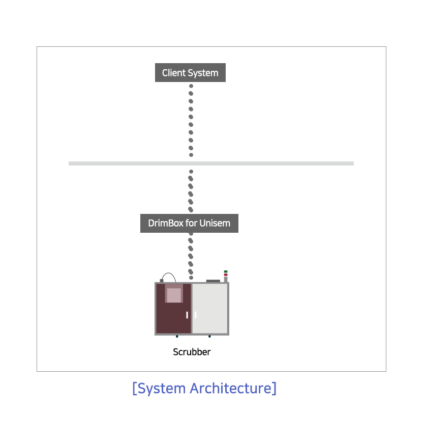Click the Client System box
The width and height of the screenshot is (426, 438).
pyautogui.click(x=190, y=73)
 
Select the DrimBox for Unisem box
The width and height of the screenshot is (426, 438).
pyautogui.click(x=189, y=223)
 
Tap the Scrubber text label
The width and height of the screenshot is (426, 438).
pyautogui.click(x=192, y=352)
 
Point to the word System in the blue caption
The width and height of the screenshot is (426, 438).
pyautogui.click(x=162, y=389)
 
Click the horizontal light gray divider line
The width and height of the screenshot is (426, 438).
pyautogui.click(x=211, y=163)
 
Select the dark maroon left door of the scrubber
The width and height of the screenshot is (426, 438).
pyautogui.click(x=173, y=309)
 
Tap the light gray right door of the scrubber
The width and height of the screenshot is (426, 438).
pyautogui.click(x=210, y=309)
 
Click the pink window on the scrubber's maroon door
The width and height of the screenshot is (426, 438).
pyautogui.click(x=174, y=293)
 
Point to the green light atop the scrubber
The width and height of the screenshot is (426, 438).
pyautogui.click(x=226, y=271)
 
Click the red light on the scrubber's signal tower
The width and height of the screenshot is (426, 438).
pyautogui.click(x=226, y=275)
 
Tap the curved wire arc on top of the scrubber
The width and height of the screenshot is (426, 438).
pyautogui.click(x=169, y=275)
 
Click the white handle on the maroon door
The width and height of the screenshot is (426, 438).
pyautogui.click(x=187, y=315)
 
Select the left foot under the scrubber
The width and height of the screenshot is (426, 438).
pyautogui.click(x=177, y=336)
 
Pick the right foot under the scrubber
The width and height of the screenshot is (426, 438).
pyautogui.click(x=209, y=336)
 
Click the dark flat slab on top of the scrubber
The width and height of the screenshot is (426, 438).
pyautogui.click(x=213, y=281)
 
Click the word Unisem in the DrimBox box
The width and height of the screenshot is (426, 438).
pyautogui.click(x=215, y=223)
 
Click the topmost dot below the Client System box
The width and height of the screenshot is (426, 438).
pyautogui.click(x=191, y=86)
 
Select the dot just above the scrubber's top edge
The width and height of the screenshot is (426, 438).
pyautogui.click(x=191, y=278)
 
